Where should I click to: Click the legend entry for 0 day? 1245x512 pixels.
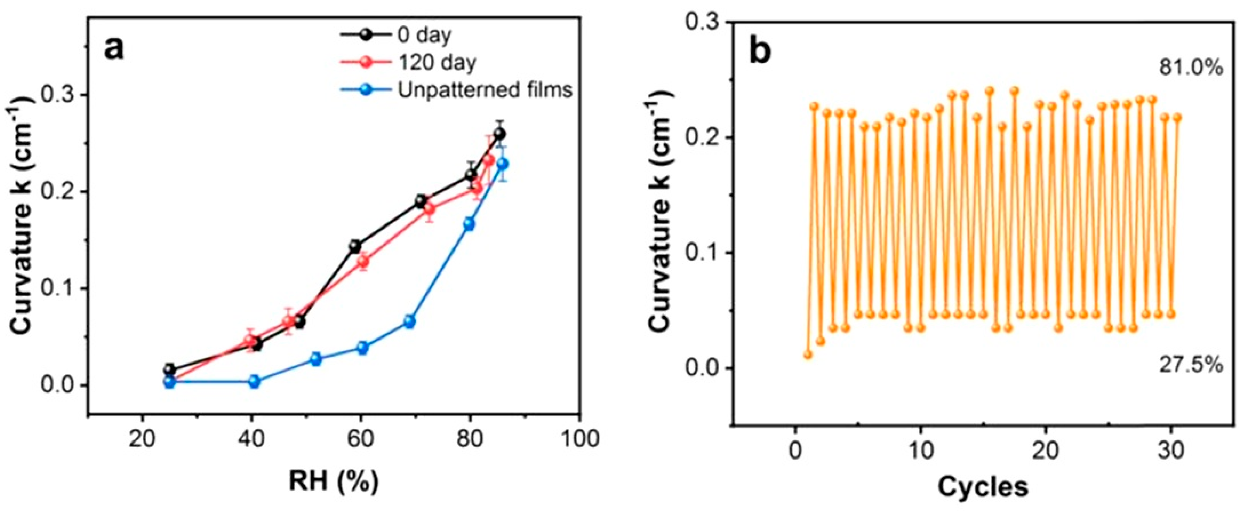coord(424,35)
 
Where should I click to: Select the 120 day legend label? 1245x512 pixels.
coord(437,62)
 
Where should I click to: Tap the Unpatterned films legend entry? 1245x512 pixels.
coord(485,90)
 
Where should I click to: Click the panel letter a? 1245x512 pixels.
coord(114,49)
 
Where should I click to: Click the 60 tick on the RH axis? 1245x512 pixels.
coord(360,439)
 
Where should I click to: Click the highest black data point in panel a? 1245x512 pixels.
coord(500,134)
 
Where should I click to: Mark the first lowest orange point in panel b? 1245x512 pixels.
coord(808,355)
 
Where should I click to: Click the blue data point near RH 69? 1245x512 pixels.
coord(409,322)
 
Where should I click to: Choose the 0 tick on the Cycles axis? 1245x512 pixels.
coord(795,451)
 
